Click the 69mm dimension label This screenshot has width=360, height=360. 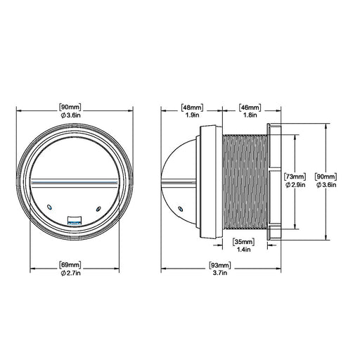point(70,265)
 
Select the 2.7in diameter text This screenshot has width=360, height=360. point(70,273)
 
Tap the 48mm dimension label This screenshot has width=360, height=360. point(193,108)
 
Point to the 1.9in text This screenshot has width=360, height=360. point(193,115)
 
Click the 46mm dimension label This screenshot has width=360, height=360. point(250,108)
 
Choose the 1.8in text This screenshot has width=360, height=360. point(250,115)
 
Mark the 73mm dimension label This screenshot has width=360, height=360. point(295,176)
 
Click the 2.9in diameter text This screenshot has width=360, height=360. point(295,185)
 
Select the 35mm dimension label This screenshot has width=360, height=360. point(243,242)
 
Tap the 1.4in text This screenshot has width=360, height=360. point(244,250)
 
